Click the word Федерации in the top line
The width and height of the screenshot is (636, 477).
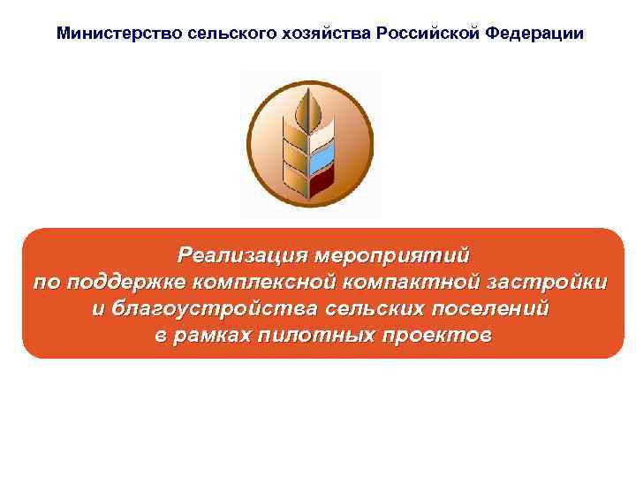[534, 34]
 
